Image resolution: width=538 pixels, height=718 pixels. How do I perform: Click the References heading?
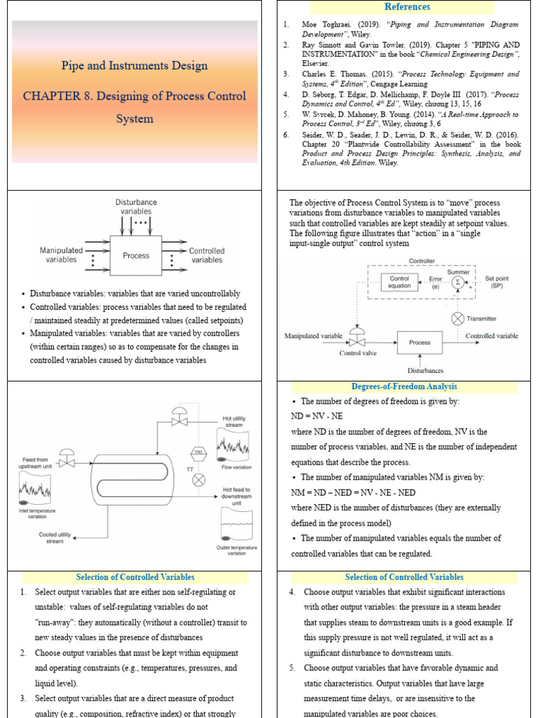pyautogui.click(x=406, y=7)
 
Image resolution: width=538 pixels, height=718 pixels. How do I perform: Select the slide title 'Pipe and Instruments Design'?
pyautogui.click(x=134, y=66)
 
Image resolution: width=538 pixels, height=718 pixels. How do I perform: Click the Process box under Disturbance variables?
pyautogui.click(x=136, y=255)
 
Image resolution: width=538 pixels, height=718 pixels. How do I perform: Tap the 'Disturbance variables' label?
pyautogui.click(x=136, y=207)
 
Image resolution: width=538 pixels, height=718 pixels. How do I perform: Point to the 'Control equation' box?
pyautogui.click(x=399, y=282)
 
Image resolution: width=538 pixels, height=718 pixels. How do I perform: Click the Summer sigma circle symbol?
pyautogui.click(x=457, y=282)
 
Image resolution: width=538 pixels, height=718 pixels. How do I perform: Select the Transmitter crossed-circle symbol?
pyautogui.click(x=457, y=318)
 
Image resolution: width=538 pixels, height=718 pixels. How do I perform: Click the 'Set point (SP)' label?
pyautogui.click(x=497, y=282)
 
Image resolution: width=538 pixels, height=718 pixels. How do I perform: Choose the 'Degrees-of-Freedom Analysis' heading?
pyautogui.click(x=404, y=387)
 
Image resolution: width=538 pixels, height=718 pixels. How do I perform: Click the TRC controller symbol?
pyautogui.click(x=198, y=452)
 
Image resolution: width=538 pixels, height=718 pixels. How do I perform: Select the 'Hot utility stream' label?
pyautogui.click(x=234, y=422)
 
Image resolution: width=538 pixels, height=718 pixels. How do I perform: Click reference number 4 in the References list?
pyautogui.click(x=286, y=93)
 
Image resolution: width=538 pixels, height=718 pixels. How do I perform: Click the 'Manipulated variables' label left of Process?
pyautogui.click(x=61, y=255)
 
